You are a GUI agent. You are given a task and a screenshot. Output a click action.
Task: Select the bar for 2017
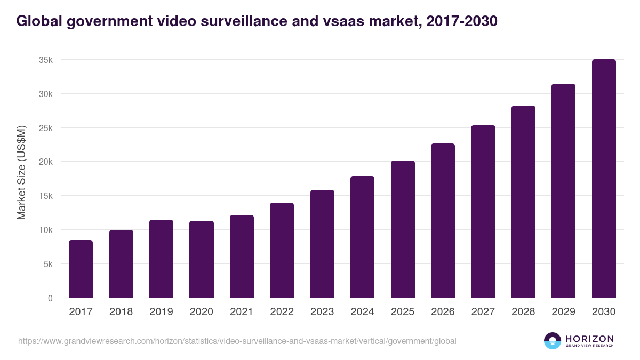click(81, 269)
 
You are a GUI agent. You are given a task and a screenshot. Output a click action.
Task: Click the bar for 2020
click(202, 259)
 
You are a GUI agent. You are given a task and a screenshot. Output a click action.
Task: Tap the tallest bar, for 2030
click(604, 179)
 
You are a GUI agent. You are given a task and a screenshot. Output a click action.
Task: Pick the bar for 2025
click(403, 229)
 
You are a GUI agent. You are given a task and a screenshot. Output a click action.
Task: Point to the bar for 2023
click(322, 244)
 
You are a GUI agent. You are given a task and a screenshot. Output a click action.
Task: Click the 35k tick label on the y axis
click(46, 60)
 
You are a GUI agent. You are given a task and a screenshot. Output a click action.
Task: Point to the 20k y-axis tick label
click(46, 162)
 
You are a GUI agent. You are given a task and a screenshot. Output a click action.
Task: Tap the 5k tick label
click(48, 264)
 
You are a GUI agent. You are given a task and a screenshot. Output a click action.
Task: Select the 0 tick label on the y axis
click(50, 298)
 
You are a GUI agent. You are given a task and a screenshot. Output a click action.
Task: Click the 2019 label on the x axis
click(161, 312)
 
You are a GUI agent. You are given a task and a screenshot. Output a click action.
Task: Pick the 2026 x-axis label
click(443, 312)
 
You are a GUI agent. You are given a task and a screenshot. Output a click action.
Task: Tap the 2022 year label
click(282, 312)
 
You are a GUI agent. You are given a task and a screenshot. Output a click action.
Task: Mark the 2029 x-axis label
click(563, 312)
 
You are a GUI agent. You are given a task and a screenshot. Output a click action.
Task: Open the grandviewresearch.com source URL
click(237, 341)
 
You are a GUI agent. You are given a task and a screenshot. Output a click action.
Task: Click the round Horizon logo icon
click(553, 341)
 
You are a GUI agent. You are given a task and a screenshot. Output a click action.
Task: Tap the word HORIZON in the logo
click(589, 338)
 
